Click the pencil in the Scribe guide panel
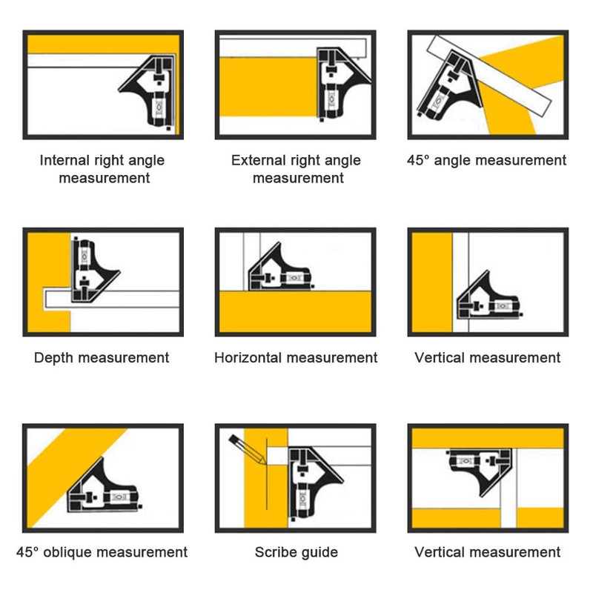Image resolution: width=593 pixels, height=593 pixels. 247,449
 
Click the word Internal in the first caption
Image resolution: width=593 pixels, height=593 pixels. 64,160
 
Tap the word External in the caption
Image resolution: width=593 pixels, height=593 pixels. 256,160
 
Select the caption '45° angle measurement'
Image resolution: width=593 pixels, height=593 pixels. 487,160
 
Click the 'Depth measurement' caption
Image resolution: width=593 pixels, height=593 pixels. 102,358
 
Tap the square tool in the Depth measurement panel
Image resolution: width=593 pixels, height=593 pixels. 95,271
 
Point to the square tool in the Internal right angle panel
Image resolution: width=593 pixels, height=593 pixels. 151,90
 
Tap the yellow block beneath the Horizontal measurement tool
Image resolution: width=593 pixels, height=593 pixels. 295,311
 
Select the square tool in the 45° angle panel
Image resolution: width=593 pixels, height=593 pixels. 448,86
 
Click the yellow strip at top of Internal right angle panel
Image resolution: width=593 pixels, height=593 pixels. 103,44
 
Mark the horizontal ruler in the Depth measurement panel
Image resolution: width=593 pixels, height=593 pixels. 112,299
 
